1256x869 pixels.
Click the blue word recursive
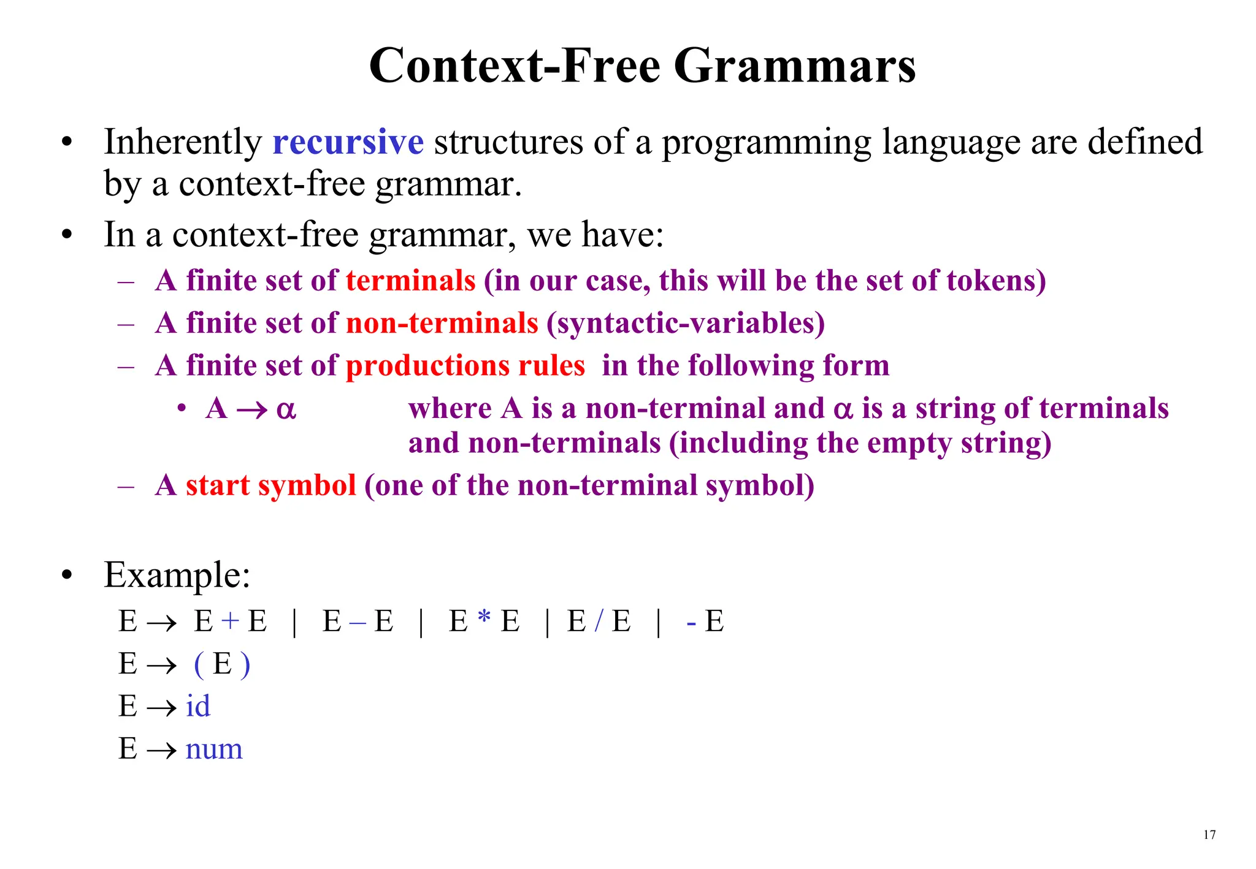point(348,142)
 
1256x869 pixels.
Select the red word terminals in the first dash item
point(410,281)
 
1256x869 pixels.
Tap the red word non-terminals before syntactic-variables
point(442,323)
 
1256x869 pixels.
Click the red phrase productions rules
point(465,366)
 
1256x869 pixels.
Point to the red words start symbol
point(270,485)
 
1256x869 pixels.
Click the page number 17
point(1209,835)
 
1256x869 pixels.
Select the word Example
point(177,575)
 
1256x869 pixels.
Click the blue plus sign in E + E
point(230,621)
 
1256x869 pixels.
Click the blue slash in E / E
point(599,621)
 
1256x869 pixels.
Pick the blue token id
point(197,706)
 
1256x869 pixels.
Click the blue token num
point(214,749)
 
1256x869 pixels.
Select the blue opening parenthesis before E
point(199,664)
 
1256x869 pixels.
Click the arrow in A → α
point(252,409)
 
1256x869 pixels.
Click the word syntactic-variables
point(686,323)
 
